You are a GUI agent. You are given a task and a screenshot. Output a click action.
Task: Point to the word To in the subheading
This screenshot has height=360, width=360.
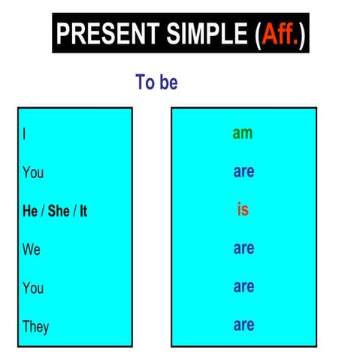144,82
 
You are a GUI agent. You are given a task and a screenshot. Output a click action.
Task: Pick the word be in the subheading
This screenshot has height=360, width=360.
168,82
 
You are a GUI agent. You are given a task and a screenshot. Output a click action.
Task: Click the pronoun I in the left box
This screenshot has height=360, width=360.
25,134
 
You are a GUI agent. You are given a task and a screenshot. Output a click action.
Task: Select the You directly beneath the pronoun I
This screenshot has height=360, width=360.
33,173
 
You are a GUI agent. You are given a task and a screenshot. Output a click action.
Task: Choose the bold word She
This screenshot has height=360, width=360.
58,211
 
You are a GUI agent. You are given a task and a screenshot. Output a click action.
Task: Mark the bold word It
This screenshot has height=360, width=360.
83,211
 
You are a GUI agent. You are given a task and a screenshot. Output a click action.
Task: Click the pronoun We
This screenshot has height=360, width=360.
32,250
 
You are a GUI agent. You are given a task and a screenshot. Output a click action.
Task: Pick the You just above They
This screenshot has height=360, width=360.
33,288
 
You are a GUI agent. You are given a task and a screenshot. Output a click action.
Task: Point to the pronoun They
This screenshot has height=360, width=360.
36,326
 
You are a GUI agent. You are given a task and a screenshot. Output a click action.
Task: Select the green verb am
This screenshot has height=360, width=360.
243,133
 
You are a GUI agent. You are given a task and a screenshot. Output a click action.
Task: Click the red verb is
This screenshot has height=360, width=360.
243,210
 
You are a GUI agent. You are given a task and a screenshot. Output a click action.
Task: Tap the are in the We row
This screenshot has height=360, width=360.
244,249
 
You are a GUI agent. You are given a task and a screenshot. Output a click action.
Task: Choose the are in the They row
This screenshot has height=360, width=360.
244,325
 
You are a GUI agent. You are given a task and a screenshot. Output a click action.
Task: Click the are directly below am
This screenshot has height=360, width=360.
244,172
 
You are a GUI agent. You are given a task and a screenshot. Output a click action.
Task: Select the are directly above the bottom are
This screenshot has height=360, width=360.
244,287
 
